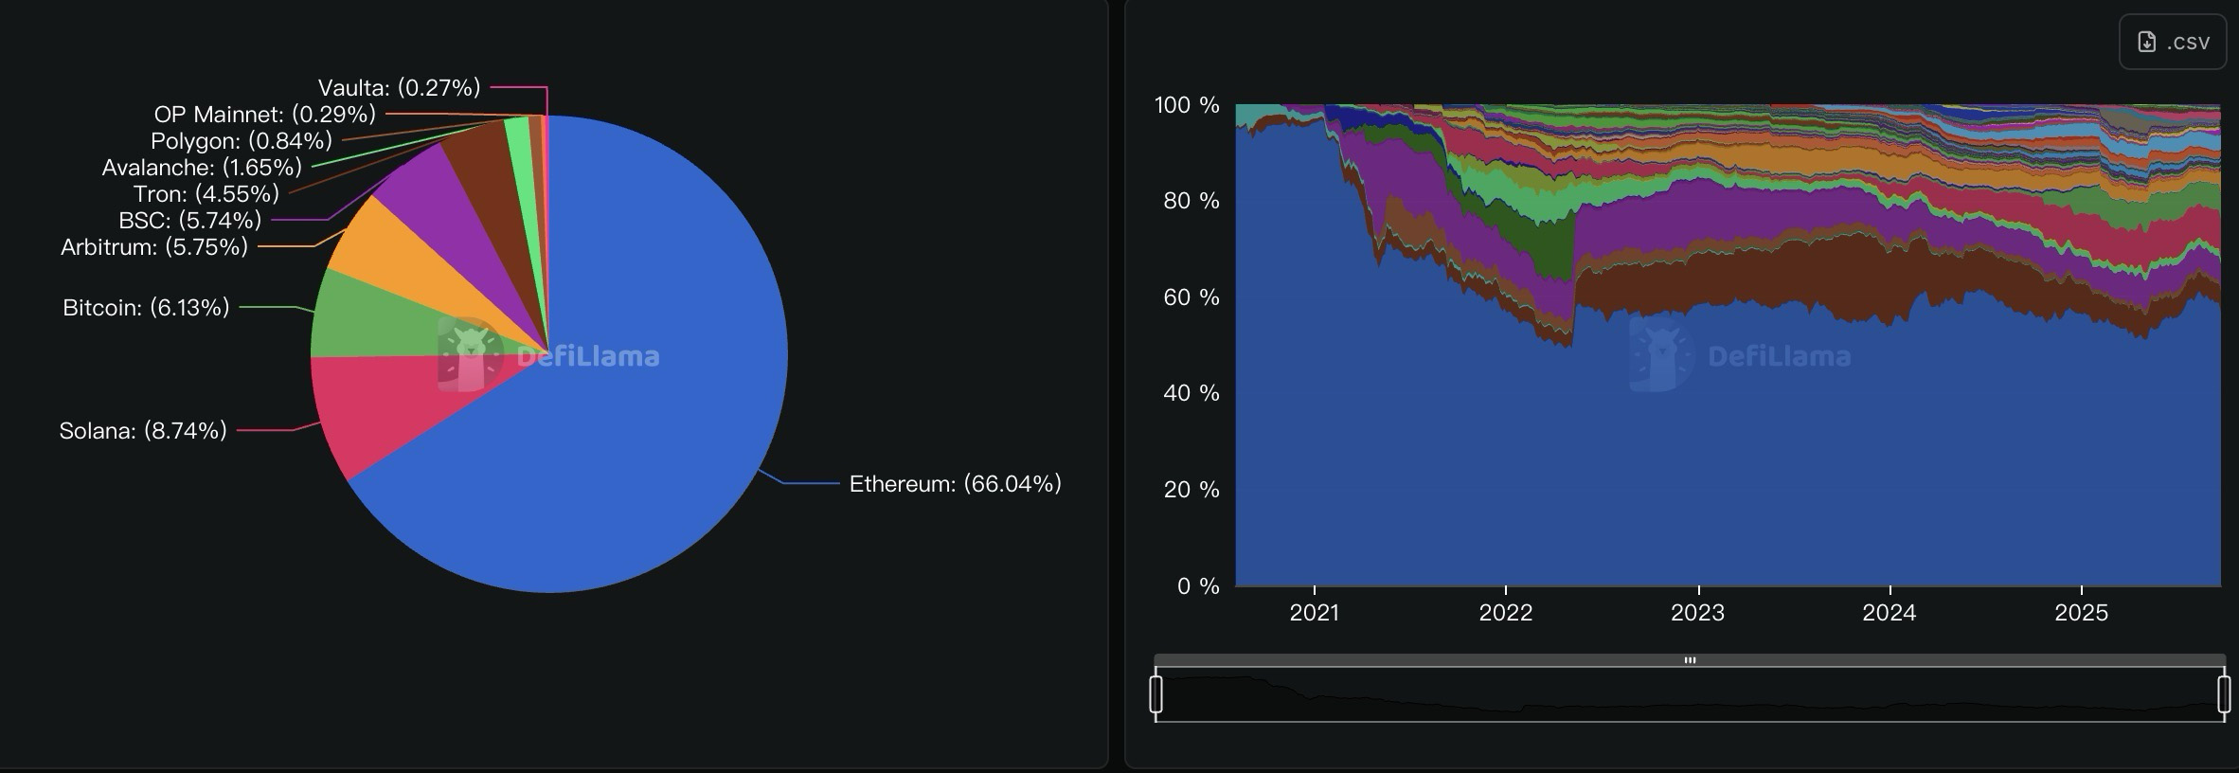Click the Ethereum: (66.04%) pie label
click(955, 484)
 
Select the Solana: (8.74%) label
click(143, 431)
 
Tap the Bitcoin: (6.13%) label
click(146, 308)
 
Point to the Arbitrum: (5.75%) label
click(154, 247)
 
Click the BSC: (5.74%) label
click(189, 221)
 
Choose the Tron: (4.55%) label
click(206, 194)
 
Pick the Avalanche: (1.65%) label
click(202, 168)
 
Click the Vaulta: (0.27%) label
click(399, 88)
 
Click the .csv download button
click(2173, 43)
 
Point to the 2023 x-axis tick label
click(1697, 613)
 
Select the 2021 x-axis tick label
click(1314, 613)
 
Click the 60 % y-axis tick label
click(1191, 297)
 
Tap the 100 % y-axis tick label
click(1186, 105)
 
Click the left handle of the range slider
click(1155, 693)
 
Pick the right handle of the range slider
click(2224, 693)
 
